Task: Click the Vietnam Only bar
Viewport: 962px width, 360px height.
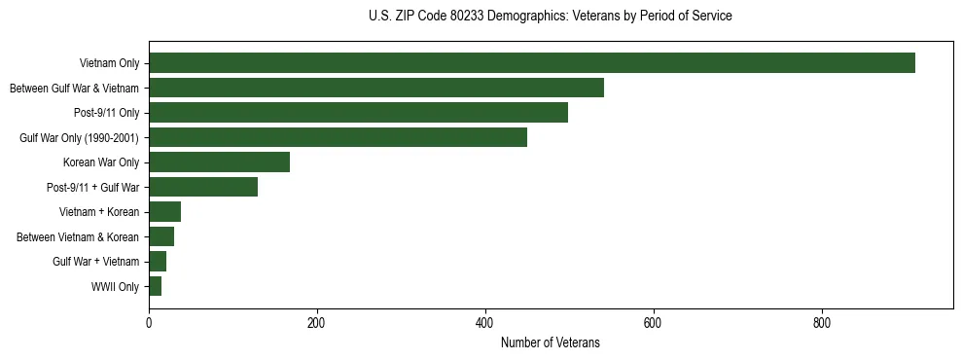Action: [x=532, y=63]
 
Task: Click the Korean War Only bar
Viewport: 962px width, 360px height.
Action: [x=219, y=162]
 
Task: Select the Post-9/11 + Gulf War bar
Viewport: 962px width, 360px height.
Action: [x=203, y=188]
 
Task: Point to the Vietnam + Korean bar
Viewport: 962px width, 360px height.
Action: [x=164, y=212]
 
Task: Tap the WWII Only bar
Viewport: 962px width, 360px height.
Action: [x=155, y=287]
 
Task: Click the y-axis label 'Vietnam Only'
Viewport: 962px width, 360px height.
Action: [x=109, y=64]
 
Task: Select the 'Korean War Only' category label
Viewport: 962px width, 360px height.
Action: [x=101, y=163]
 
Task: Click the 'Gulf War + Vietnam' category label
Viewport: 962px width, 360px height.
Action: [x=95, y=263]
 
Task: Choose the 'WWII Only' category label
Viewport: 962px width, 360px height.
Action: [x=115, y=287]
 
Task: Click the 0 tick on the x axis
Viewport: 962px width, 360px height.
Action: [x=149, y=323]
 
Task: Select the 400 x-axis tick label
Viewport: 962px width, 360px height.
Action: [x=485, y=323]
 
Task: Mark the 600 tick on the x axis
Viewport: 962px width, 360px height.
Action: [x=653, y=323]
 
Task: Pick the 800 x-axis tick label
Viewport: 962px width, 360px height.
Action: [x=821, y=323]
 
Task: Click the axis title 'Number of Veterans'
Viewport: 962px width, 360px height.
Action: [x=550, y=343]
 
